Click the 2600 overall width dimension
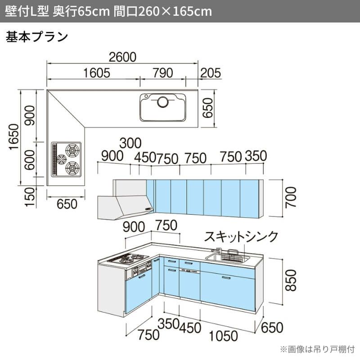pyautogui.click(x=122, y=57)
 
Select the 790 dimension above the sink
pyautogui.click(x=162, y=73)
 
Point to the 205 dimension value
pyautogui.click(x=211, y=73)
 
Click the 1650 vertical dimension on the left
pyautogui.click(x=14, y=138)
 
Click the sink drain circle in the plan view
pyautogui.click(x=162, y=102)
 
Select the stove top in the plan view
pyautogui.click(x=67, y=158)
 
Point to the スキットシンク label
pyautogui.click(x=241, y=237)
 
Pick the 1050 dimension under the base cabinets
pyautogui.click(x=222, y=335)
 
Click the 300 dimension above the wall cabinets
pyautogui.click(x=130, y=144)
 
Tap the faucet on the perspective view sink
pyautogui.click(x=219, y=251)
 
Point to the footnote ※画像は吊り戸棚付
pyautogui.click(x=317, y=349)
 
